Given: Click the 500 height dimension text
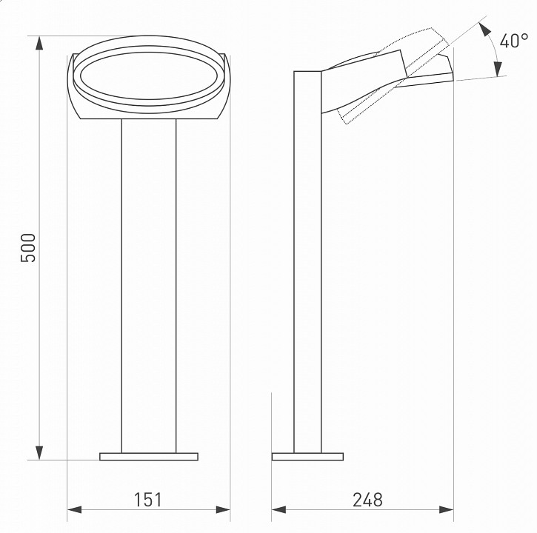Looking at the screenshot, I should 28,248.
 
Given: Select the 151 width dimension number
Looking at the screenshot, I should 147,500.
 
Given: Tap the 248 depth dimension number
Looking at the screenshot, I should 367,500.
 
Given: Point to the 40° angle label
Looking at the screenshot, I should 513,41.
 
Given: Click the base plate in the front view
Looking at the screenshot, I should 149,456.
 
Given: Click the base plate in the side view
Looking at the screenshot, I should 307,456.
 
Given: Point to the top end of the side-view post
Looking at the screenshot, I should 307,73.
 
